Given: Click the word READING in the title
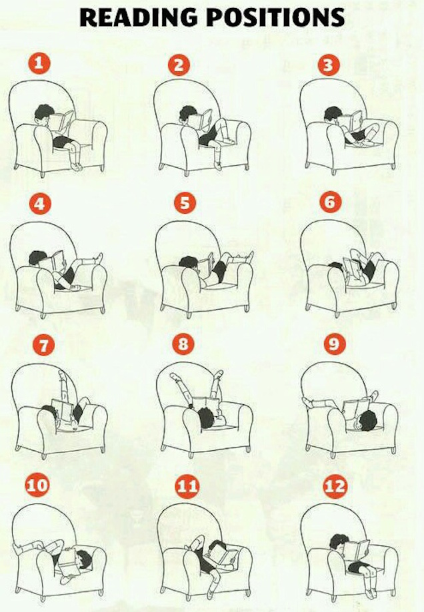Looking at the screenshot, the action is [x=139, y=17].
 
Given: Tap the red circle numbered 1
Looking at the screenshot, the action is [x=39, y=64].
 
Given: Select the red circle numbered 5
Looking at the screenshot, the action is [x=185, y=203].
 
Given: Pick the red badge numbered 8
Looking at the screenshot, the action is [x=183, y=344].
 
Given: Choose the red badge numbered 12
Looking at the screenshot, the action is [x=335, y=486].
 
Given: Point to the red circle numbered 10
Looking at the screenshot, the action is [x=37, y=485].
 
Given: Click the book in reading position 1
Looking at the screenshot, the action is [x=62, y=121].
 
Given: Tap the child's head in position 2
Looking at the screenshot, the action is [x=189, y=115].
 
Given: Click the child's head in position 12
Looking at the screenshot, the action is [x=339, y=543].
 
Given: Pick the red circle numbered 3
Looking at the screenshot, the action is [x=328, y=65].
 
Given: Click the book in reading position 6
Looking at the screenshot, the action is [x=353, y=270].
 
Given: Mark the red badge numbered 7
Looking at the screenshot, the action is [x=43, y=345].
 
